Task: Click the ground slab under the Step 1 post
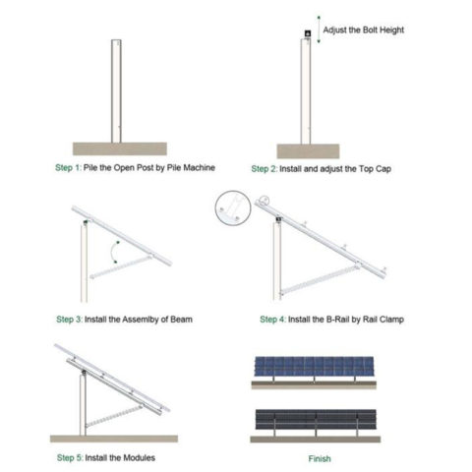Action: (x=118, y=148)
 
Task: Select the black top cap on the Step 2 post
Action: (x=308, y=35)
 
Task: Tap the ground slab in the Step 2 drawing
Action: (x=312, y=150)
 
